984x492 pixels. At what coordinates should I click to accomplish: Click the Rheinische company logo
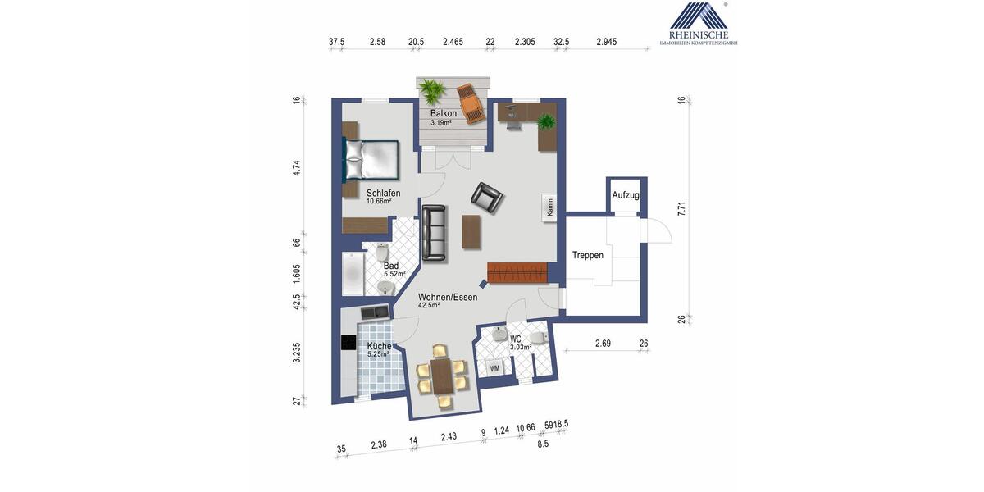click(698, 23)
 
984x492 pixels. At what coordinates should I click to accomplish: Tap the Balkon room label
click(443, 113)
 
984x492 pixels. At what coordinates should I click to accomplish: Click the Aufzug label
click(626, 195)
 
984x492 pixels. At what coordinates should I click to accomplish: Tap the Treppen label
click(588, 255)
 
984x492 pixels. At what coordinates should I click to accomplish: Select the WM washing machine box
click(494, 368)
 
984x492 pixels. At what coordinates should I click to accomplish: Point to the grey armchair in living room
click(487, 197)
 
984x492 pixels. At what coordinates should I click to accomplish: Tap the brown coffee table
click(471, 230)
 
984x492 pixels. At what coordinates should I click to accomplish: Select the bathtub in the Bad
click(353, 274)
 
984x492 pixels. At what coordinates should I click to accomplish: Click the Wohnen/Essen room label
click(448, 297)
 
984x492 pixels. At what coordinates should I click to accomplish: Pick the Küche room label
click(379, 347)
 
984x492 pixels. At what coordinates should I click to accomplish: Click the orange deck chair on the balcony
click(471, 102)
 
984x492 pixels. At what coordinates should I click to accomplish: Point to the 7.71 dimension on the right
click(681, 209)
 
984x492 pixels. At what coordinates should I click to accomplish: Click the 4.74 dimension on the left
click(297, 169)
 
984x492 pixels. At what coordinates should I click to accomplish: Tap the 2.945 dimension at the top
click(606, 41)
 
